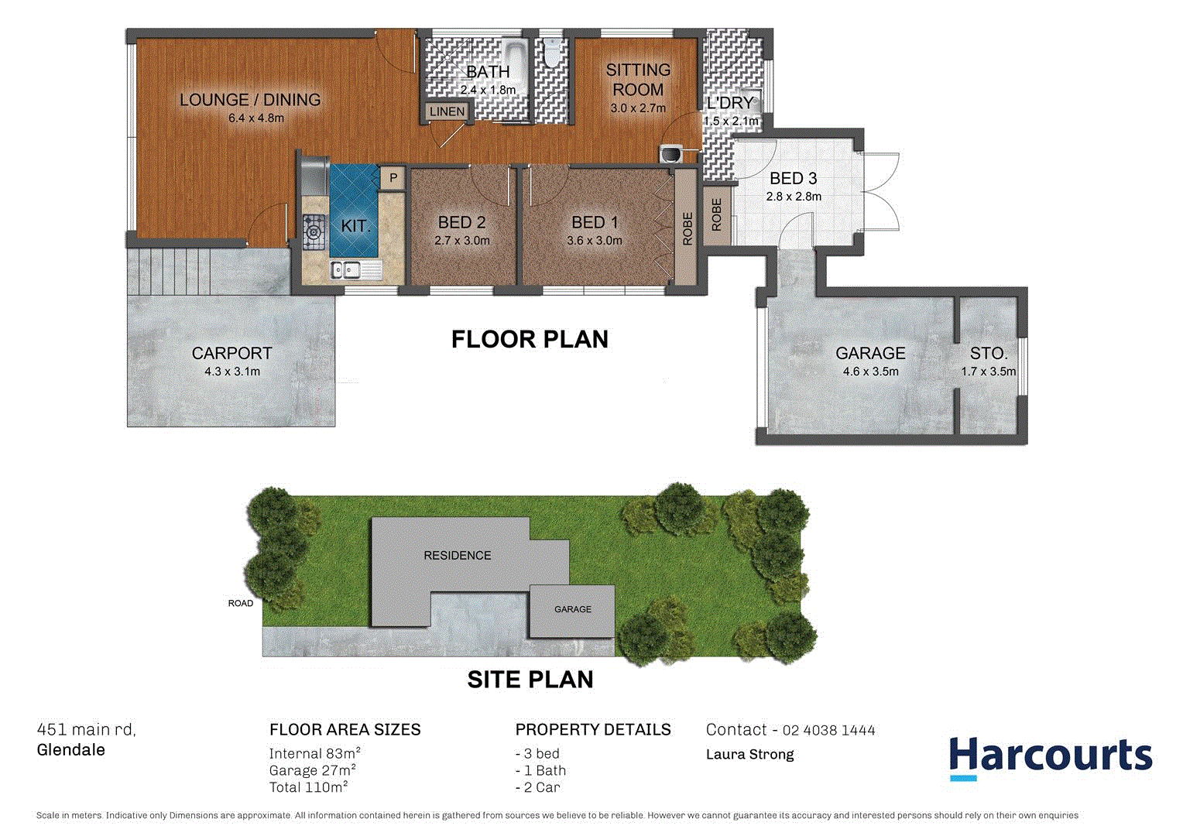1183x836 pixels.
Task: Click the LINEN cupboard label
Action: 447,111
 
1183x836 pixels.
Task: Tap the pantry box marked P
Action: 393,178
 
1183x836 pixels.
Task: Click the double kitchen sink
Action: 345,269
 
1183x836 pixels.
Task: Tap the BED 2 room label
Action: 461,222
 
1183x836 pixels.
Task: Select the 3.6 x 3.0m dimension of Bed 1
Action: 594,241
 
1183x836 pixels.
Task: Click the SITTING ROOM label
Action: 638,80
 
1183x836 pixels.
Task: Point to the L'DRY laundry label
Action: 729,103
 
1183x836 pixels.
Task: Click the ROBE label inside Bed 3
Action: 716,214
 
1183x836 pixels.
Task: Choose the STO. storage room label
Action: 989,353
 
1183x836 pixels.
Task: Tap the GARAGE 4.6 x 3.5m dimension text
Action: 870,372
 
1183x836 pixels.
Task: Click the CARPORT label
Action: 231,353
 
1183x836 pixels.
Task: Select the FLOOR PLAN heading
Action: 530,339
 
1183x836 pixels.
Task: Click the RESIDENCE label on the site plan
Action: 457,555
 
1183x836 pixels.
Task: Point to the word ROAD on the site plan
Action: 240,603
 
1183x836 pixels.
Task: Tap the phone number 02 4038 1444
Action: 828,730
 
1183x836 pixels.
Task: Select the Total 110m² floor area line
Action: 308,787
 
